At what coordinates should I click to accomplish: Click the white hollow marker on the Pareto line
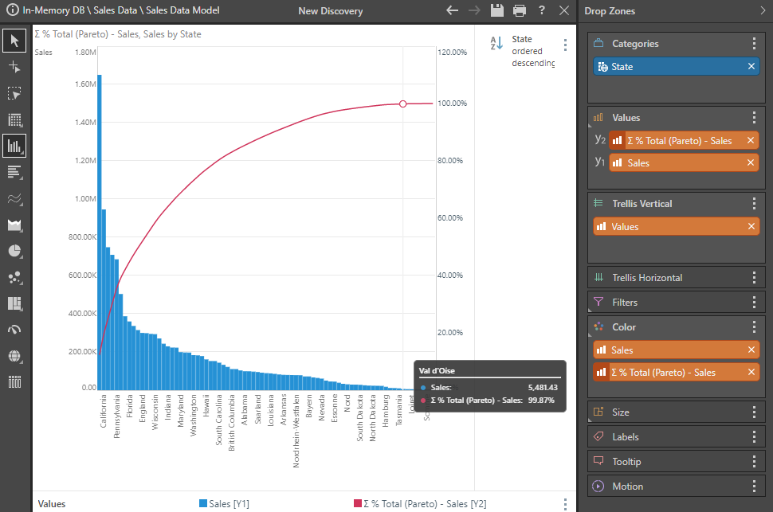(x=402, y=104)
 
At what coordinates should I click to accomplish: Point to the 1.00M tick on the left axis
(x=85, y=199)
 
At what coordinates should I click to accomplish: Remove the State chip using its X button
(x=751, y=67)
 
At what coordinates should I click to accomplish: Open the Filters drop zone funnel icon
(x=599, y=303)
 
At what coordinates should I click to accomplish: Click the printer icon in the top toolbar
(x=520, y=11)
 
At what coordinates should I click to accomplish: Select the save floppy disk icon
(x=497, y=11)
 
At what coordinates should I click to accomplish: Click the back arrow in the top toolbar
(x=453, y=11)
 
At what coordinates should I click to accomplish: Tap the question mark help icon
(x=542, y=11)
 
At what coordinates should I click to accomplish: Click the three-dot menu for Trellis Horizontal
(x=754, y=278)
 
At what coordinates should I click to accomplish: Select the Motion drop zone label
(x=627, y=487)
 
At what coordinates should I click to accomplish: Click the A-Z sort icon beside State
(x=496, y=44)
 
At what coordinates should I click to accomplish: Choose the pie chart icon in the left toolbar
(x=14, y=251)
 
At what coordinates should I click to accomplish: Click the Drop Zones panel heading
(x=610, y=11)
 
